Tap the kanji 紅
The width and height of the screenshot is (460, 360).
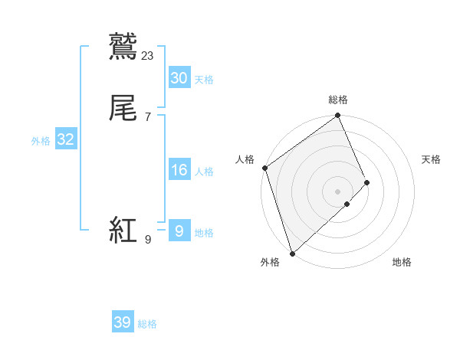click(123, 231)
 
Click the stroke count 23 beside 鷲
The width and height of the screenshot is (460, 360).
click(148, 55)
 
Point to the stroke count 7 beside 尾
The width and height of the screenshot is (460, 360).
click(148, 117)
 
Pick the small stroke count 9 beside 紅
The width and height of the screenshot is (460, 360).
click(147, 241)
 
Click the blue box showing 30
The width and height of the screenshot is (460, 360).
click(179, 78)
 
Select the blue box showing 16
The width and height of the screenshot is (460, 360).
click(179, 170)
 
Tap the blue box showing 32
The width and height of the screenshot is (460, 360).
click(65, 139)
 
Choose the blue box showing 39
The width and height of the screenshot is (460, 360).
click(123, 322)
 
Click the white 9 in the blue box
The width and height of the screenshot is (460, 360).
click(179, 231)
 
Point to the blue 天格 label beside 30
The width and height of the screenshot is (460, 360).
click(204, 80)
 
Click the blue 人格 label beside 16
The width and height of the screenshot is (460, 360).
click(204, 172)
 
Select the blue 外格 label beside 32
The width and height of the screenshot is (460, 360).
click(41, 141)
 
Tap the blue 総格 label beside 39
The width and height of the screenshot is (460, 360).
click(148, 324)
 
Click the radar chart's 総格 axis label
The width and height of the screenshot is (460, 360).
click(338, 100)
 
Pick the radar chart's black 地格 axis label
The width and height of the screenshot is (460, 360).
click(402, 263)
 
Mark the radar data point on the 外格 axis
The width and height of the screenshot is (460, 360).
click(291, 253)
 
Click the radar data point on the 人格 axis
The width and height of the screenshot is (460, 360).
click(264, 168)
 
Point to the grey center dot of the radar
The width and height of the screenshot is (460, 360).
click(337, 191)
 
